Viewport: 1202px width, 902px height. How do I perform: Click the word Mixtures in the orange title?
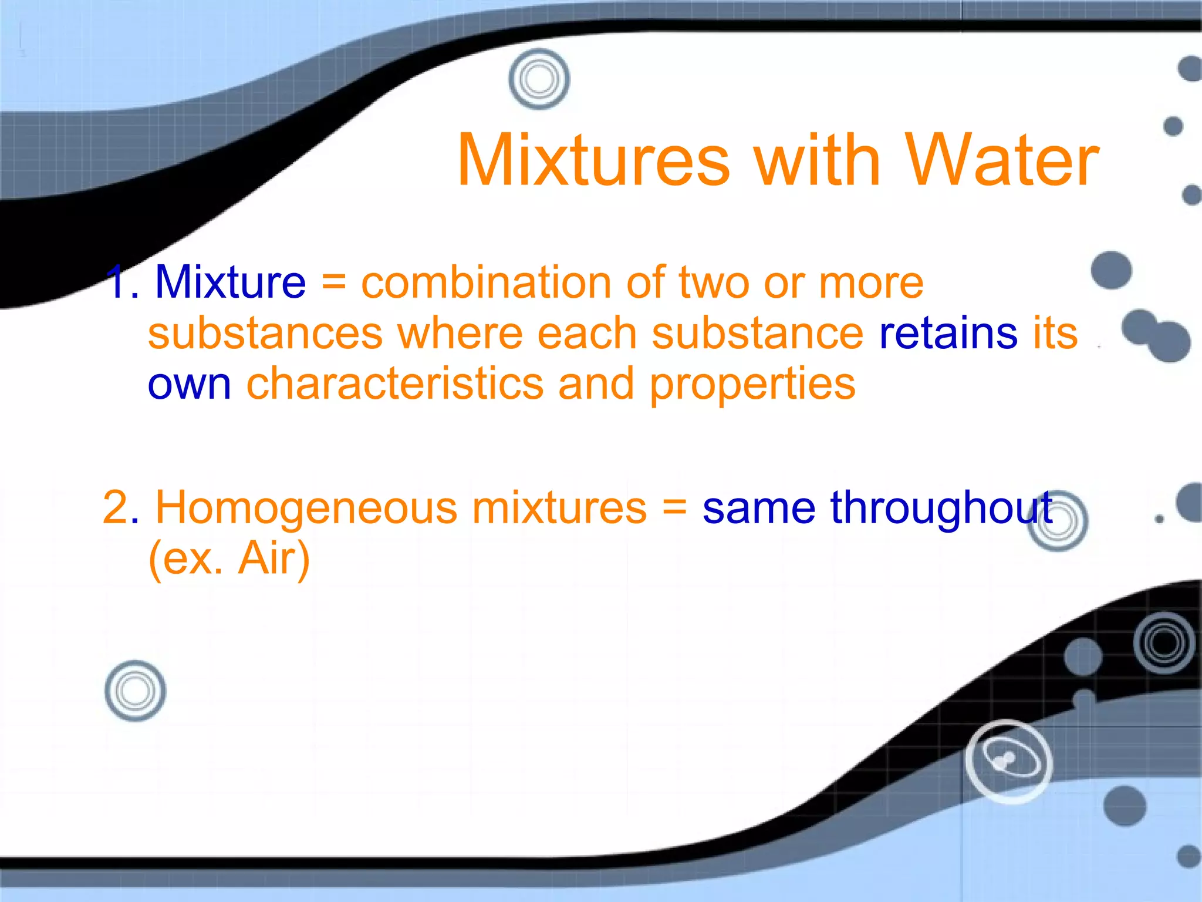593,160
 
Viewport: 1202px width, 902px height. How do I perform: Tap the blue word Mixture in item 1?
230,283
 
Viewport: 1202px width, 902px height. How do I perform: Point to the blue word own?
189,385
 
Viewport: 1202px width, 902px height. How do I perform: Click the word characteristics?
394,385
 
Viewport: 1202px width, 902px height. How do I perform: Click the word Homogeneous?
306,508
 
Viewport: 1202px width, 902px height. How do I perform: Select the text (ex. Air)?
229,558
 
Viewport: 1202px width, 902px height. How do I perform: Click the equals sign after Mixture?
333,283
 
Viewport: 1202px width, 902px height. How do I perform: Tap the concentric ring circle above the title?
539,79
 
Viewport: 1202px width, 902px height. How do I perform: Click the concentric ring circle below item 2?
135,691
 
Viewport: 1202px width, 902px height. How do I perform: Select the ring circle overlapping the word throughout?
1058,521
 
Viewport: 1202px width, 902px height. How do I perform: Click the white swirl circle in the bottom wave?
1008,761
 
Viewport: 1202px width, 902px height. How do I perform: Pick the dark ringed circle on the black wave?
1164,642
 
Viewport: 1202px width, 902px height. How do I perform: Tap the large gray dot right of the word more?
1111,271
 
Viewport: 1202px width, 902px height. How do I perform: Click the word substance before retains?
757,334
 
